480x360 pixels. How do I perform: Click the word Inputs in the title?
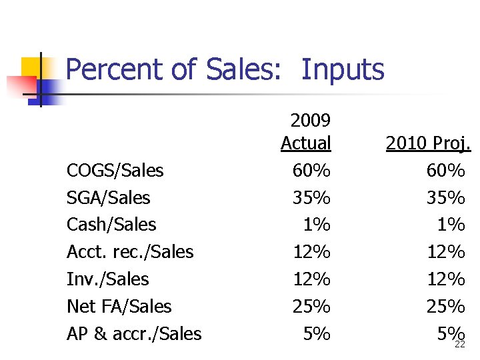pyautogui.click(x=343, y=70)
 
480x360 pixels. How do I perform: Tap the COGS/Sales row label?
pyautogui.click(x=115, y=171)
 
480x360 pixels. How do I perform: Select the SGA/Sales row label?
pyautogui.click(x=108, y=198)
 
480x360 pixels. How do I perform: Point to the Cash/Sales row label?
pyautogui.click(x=111, y=225)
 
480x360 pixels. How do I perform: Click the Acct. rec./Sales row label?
pyautogui.click(x=130, y=252)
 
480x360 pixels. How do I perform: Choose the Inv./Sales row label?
pyautogui.click(x=107, y=279)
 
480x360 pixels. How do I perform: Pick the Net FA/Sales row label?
pyautogui.click(x=119, y=307)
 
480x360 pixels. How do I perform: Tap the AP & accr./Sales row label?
pyautogui.click(x=134, y=333)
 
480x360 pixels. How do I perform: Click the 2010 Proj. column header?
pyautogui.click(x=428, y=143)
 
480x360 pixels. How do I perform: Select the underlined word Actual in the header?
pyautogui.click(x=306, y=143)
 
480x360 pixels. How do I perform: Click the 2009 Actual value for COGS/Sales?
pyautogui.click(x=311, y=171)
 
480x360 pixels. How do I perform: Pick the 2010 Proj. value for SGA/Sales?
pyautogui.click(x=446, y=198)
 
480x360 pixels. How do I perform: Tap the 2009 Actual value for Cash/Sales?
pyautogui.click(x=317, y=225)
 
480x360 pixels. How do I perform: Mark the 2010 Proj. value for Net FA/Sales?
pyautogui.click(x=446, y=307)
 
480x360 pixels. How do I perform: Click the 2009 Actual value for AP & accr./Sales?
pyautogui.click(x=317, y=333)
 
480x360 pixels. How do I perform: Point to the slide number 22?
pyautogui.click(x=459, y=345)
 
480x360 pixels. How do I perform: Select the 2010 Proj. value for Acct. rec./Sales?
pyautogui.click(x=446, y=252)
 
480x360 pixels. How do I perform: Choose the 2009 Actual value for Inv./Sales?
pyautogui.click(x=311, y=279)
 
